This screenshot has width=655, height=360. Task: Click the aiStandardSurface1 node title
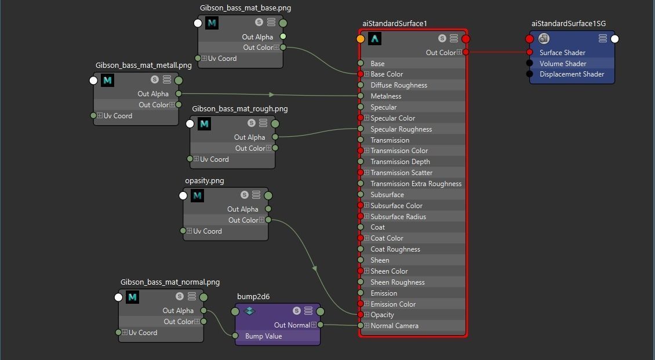pyautogui.click(x=394, y=24)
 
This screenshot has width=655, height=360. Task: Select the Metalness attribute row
pyautogui.click(x=386, y=96)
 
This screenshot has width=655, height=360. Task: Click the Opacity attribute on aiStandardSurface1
pyautogui.click(x=382, y=315)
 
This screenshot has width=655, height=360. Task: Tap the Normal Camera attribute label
pyautogui.click(x=394, y=326)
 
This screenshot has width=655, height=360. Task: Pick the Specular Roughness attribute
pyautogui.click(x=401, y=129)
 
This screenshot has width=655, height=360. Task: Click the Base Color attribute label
pyautogui.click(x=387, y=74)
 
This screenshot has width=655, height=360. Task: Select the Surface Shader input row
pyautogui.click(x=562, y=53)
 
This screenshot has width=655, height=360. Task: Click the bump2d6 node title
pyautogui.click(x=253, y=297)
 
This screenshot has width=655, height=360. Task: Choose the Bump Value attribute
pyautogui.click(x=263, y=336)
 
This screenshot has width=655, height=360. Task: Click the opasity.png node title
pyautogui.click(x=204, y=181)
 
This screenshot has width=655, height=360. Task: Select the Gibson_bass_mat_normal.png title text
pyautogui.click(x=170, y=282)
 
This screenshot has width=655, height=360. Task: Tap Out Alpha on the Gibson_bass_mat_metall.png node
pyautogui.click(x=152, y=94)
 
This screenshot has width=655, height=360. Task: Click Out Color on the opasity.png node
pyautogui.click(x=243, y=220)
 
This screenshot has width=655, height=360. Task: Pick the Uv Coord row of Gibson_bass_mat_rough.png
pyautogui.click(x=214, y=159)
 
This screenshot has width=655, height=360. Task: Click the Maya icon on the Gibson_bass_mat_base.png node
pyautogui.click(x=212, y=23)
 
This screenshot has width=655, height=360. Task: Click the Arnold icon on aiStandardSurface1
pyautogui.click(x=375, y=39)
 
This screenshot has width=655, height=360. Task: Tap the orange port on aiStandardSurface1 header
pyautogui.click(x=361, y=39)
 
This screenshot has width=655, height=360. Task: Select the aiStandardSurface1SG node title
pyautogui.click(x=568, y=24)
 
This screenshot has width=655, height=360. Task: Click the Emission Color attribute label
pyautogui.click(x=393, y=304)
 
